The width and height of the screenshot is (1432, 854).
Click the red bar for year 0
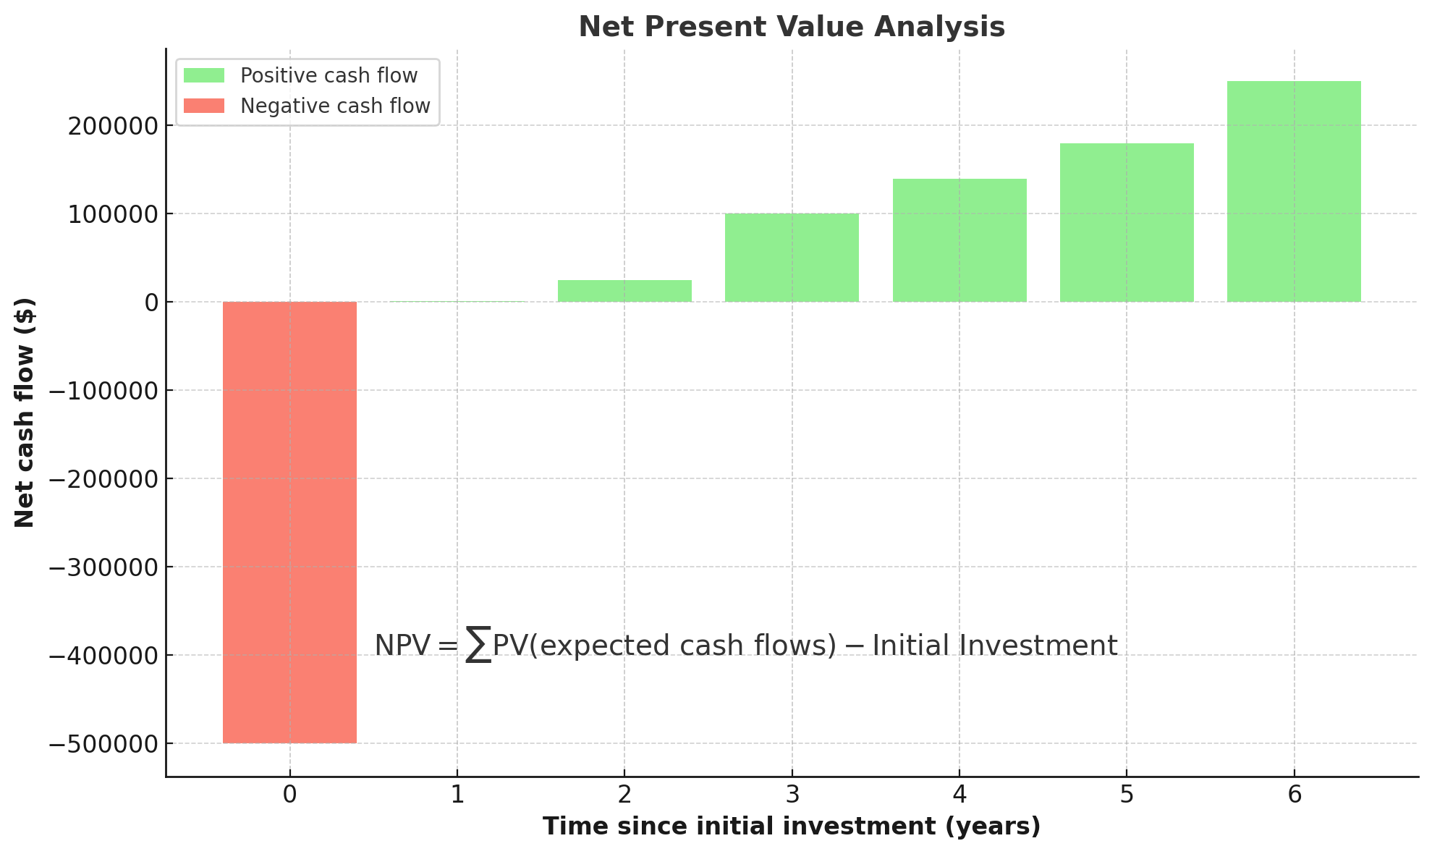(289, 522)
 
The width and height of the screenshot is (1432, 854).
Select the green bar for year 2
(624, 291)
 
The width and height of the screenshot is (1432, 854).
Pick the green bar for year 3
(792, 258)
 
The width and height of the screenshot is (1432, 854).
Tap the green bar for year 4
(959, 240)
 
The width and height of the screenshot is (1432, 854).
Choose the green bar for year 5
(1127, 222)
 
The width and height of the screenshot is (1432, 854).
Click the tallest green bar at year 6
(1294, 191)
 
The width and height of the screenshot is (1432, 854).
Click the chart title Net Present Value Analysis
(792, 28)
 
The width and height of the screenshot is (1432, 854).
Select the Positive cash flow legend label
(329, 76)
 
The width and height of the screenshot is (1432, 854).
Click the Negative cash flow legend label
(335, 106)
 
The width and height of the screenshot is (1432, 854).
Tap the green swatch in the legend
(204, 76)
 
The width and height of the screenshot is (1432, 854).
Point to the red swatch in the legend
(204, 106)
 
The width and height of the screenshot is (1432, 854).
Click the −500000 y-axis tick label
(103, 744)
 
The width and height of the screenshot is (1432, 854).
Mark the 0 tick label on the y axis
(151, 303)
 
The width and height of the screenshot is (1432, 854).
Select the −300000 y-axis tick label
(103, 567)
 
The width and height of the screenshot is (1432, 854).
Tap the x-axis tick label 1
(457, 795)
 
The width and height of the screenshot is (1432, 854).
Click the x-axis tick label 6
(1294, 795)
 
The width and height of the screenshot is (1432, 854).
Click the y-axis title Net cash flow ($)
(25, 413)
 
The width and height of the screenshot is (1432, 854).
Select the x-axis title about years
(792, 826)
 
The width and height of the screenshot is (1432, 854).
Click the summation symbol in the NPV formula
(478, 645)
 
